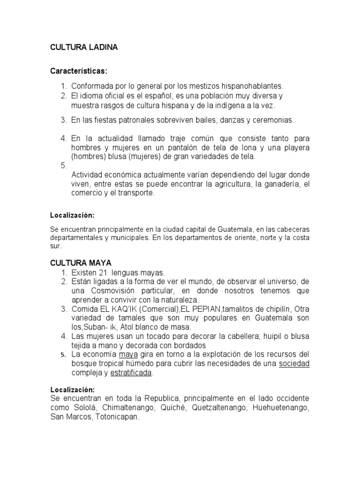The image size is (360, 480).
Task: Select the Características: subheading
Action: (x=79, y=71)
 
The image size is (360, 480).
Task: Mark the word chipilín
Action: (x=272, y=309)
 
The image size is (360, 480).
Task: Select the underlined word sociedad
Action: (x=294, y=364)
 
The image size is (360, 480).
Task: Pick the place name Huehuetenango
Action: (x=281, y=407)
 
